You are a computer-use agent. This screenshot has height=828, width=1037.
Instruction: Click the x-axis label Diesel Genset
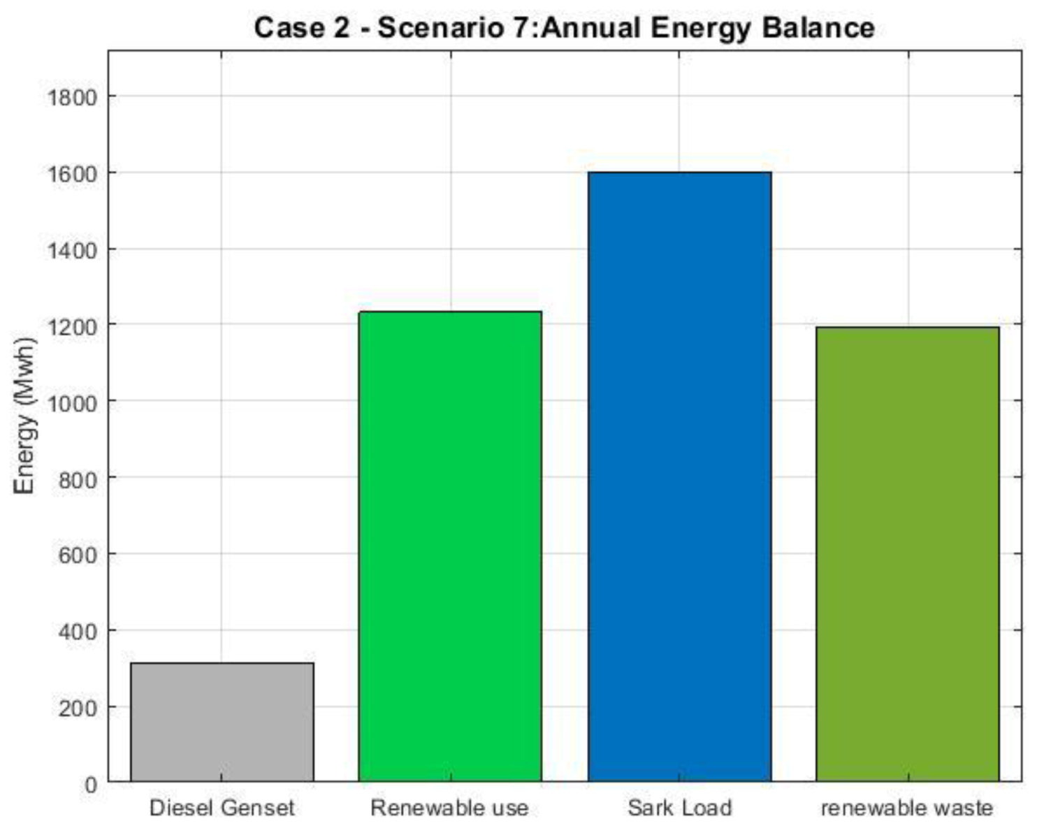click(222, 808)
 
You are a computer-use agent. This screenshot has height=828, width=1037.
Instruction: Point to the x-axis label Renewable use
click(449, 808)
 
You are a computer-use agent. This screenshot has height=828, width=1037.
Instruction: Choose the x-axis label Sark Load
click(679, 808)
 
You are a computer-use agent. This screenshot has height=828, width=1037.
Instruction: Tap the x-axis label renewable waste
click(907, 808)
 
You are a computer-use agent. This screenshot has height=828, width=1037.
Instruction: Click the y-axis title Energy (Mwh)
click(25, 416)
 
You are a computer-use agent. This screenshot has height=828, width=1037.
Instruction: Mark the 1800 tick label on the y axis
click(72, 97)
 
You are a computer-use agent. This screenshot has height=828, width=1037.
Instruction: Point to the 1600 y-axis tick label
click(72, 173)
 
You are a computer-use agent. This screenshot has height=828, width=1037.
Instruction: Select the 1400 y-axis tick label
click(72, 250)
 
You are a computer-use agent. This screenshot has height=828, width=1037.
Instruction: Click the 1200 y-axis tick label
click(72, 326)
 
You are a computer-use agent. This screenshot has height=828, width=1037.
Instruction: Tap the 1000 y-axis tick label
click(72, 403)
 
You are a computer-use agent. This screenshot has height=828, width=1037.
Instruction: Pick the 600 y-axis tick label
click(76, 555)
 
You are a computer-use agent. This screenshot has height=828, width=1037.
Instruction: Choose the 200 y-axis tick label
click(76, 709)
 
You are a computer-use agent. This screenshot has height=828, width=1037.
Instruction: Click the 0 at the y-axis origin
click(91, 785)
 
